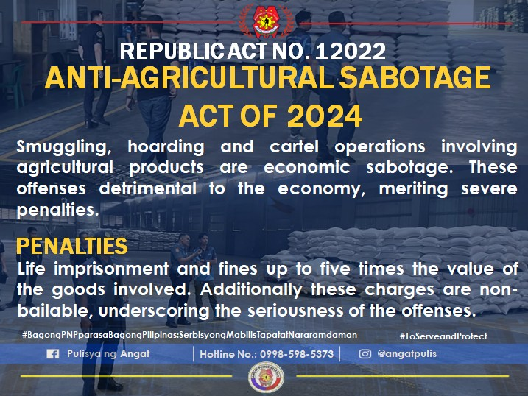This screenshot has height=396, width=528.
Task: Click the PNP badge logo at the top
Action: pos(263,22)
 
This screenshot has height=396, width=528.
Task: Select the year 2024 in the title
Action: pos(324,116)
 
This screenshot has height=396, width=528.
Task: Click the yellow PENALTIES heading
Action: pos(71,245)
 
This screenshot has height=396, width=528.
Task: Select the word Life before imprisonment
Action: pos(32,268)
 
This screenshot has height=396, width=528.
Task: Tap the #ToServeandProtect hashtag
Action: pos(443,336)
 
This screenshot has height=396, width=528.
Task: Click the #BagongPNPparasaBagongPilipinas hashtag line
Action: pos(190,335)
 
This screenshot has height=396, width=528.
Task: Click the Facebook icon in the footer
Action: pos(52,354)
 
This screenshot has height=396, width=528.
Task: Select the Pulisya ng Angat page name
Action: pos(108,354)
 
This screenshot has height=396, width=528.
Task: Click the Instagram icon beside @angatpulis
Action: pos(365,354)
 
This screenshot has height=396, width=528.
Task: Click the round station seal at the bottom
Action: pos(263,378)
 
